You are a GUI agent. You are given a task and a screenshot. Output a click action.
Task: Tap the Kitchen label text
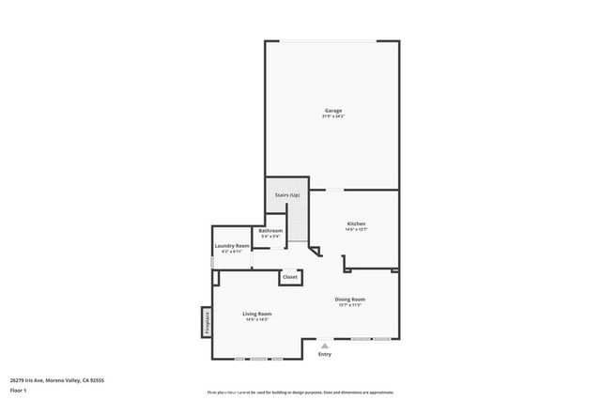(x=355, y=223)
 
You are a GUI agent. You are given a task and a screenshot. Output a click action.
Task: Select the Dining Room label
(x=349, y=300)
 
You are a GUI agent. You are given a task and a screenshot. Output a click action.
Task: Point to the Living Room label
(x=256, y=314)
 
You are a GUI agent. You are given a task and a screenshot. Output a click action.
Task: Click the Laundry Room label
(x=232, y=246)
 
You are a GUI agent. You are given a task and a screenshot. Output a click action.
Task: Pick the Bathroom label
(x=270, y=230)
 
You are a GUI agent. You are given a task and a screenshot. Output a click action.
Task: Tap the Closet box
(x=290, y=277)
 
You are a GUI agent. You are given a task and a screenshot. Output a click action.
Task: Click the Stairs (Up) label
(x=287, y=194)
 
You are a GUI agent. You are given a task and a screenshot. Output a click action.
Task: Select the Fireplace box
(x=207, y=321)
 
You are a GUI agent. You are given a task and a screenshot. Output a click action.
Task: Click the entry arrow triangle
(x=325, y=346)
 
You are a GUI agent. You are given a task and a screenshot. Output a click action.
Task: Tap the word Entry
(x=325, y=354)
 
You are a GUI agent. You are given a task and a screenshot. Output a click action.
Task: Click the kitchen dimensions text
(x=355, y=229)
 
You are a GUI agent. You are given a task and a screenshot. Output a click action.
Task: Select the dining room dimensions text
(x=349, y=305)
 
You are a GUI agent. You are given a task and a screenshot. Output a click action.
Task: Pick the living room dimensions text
(x=256, y=319)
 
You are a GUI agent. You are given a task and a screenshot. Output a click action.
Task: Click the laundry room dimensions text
(x=232, y=252)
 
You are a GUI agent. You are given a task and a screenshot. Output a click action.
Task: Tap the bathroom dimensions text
(x=270, y=236)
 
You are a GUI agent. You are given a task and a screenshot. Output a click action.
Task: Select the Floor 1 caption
(x=18, y=390)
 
